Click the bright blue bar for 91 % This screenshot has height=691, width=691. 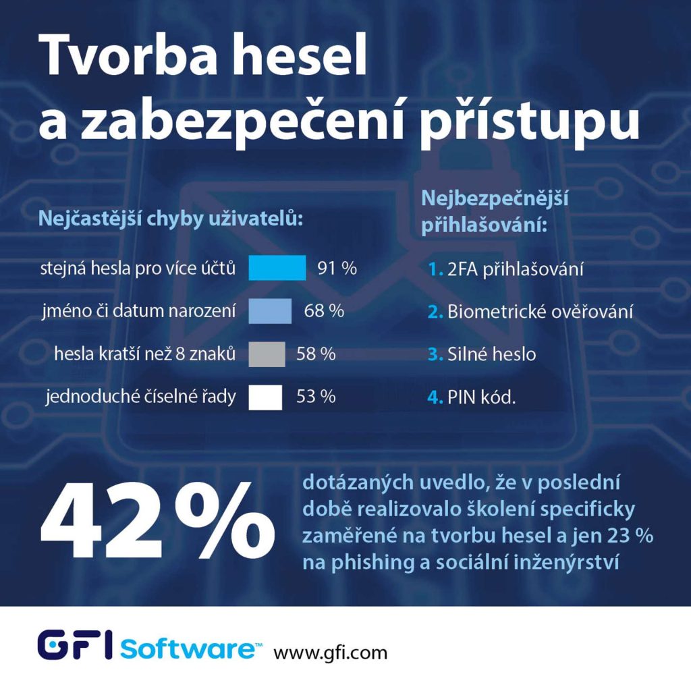277,268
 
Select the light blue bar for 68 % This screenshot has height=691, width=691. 270,311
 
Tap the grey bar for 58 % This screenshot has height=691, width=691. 267,354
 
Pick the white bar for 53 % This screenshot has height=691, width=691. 265,397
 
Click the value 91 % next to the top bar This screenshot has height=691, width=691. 337,269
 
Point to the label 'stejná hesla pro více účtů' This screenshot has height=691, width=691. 138,269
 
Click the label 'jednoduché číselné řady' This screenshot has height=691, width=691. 141,397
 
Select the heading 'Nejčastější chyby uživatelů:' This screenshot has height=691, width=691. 169,219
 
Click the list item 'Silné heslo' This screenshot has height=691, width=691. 491,354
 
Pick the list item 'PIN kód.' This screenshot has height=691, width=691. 481,397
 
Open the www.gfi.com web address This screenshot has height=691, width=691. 330,653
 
